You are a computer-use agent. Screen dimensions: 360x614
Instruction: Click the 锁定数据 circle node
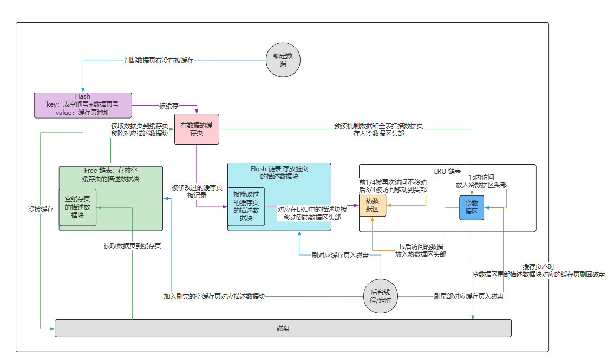(x=283, y=60)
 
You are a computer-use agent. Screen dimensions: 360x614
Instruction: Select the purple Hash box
(x=83, y=105)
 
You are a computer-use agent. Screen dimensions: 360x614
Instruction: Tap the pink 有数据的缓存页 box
(x=196, y=129)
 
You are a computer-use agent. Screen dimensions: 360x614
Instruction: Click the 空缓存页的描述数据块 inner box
(x=77, y=207)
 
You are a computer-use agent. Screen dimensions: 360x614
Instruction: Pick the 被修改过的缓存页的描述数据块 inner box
(x=246, y=206)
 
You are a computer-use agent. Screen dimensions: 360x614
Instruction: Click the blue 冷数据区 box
(x=471, y=207)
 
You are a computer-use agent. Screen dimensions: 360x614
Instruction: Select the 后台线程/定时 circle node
(x=380, y=296)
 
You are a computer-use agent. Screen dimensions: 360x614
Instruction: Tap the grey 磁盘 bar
(x=283, y=328)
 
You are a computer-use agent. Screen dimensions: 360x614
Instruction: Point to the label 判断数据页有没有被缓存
(x=158, y=61)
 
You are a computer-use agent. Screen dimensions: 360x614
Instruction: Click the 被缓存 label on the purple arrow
(x=168, y=106)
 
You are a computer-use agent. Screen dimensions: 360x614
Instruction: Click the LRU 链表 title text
(x=448, y=171)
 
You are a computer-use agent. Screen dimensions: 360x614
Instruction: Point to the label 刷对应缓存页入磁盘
(x=341, y=256)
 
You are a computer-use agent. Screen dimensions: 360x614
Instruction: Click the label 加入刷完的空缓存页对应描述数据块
(x=214, y=297)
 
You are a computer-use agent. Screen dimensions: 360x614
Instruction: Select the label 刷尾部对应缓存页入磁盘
(x=469, y=297)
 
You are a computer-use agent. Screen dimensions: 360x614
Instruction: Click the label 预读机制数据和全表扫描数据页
(x=378, y=126)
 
